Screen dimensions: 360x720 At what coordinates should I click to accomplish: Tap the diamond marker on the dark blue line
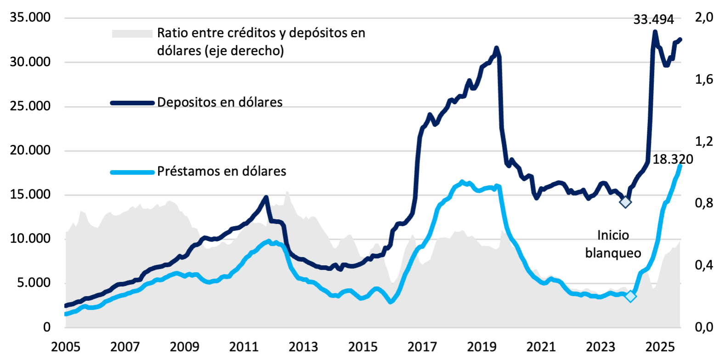pyautogui.click(x=625, y=201)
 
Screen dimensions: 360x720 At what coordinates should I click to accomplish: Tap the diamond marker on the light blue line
pyautogui.click(x=630, y=297)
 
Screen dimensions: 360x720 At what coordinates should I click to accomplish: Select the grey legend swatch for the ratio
pyautogui.click(x=132, y=34)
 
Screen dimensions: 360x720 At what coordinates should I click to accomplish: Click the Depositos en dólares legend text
pyautogui.click(x=220, y=102)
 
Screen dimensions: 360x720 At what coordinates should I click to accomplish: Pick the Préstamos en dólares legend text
pyautogui.click(x=222, y=172)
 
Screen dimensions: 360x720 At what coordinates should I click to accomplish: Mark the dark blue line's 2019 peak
pyautogui.click(x=496, y=48)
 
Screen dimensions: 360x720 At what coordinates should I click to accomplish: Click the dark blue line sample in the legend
pyautogui.click(x=132, y=103)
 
